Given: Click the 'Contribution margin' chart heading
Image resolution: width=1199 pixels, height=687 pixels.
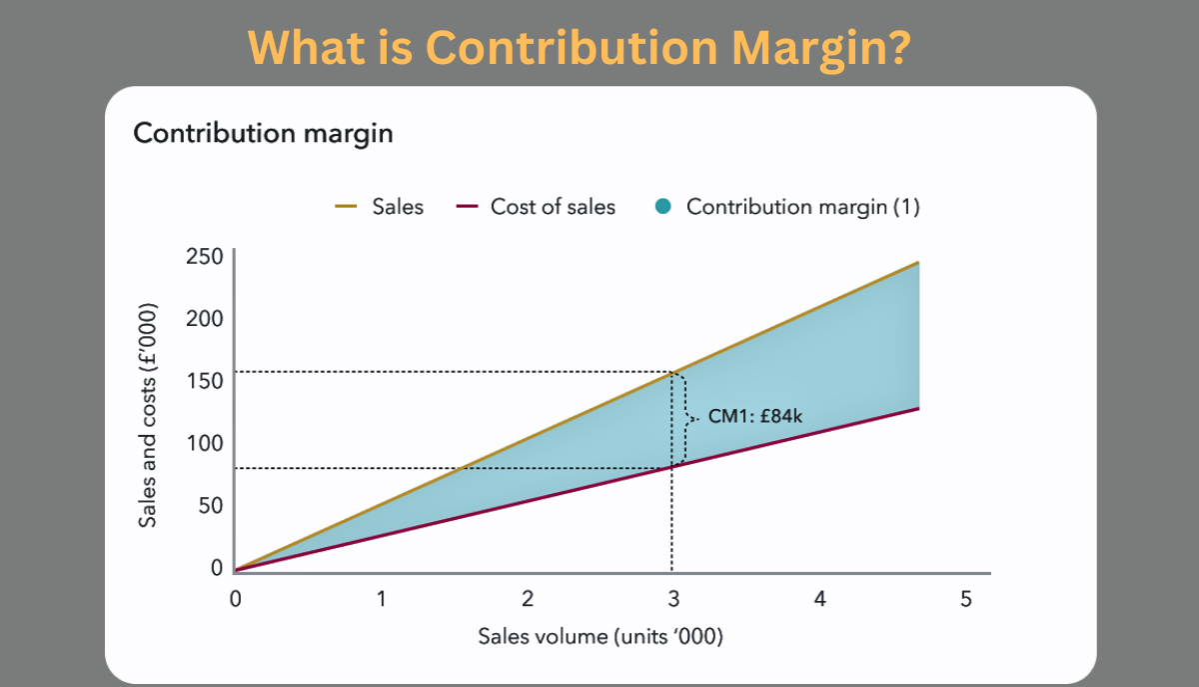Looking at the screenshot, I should [263, 133].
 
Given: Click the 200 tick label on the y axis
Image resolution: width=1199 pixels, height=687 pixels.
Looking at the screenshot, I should [204, 318].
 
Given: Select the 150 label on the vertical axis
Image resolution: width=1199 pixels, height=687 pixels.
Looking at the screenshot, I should [204, 380].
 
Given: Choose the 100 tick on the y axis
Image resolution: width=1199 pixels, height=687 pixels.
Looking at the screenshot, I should [204, 443].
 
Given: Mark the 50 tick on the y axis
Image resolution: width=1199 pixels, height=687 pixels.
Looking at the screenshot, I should [209, 505].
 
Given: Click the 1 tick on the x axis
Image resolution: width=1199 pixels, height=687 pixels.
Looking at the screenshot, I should [382, 599].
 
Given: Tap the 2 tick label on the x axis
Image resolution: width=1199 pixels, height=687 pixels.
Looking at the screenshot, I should [528, 599].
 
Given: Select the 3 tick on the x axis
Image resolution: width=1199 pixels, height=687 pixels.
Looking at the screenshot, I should [673, 599].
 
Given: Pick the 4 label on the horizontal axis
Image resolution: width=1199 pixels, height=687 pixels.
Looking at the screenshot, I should [819, 599].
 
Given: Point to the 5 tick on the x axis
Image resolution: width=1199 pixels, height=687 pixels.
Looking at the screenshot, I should [965, 599].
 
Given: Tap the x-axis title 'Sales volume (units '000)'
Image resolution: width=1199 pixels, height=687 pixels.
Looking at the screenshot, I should [599, 637].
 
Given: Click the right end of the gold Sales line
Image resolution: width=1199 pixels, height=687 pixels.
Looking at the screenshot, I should [917, 263].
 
